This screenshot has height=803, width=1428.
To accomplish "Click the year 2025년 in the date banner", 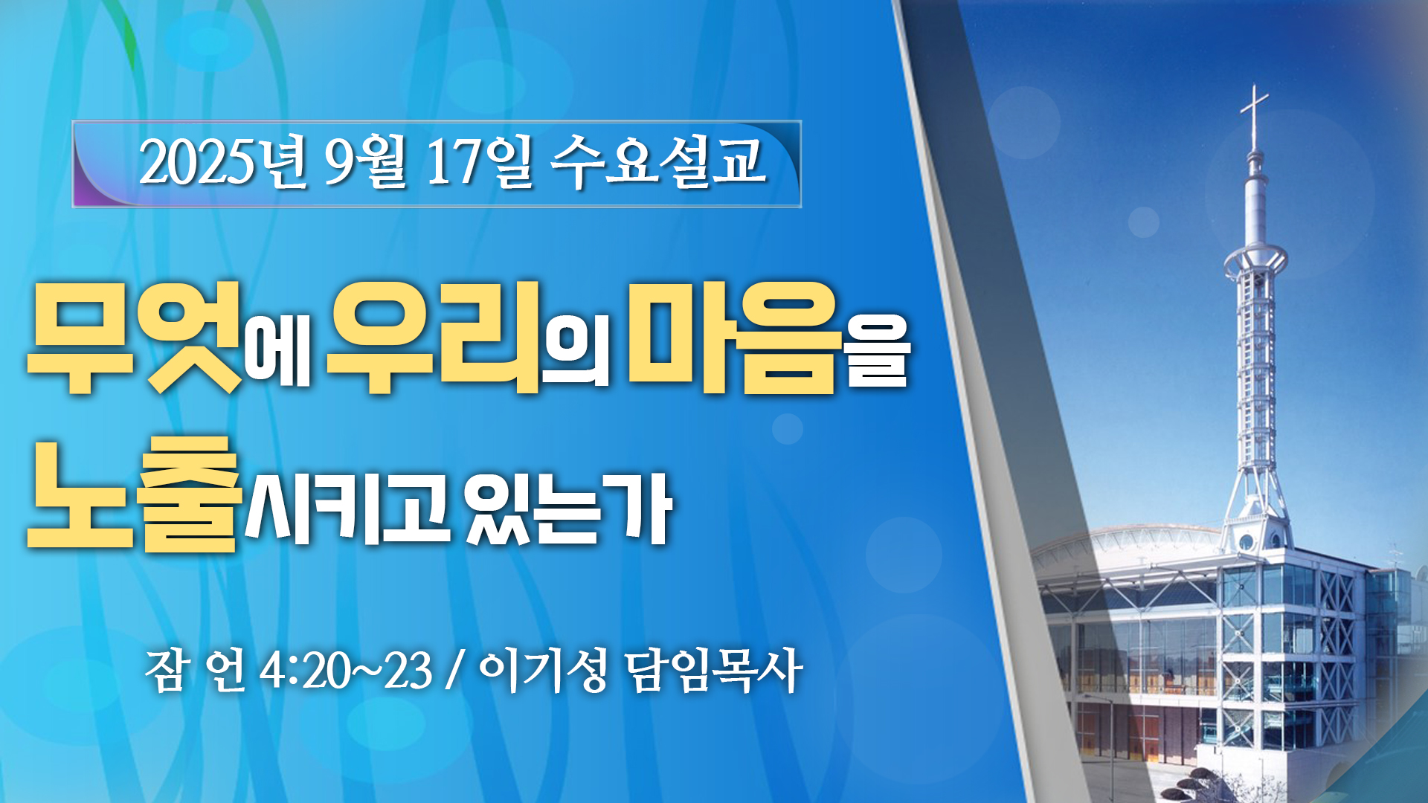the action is pyautogui.click(x=222, y=162).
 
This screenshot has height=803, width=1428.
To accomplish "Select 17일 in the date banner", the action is pyautogui.click(x=478, y=162).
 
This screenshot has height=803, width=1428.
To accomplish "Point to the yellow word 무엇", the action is pyautogui.click(x=136, y=338).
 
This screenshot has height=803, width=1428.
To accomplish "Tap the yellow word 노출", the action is pyautogui.click(x=135, y=494).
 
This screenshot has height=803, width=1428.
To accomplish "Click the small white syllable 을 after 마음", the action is pyautogui.click(x=878, y=351).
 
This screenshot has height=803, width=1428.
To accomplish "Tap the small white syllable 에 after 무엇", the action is pyautogui.click(x=278, y=351).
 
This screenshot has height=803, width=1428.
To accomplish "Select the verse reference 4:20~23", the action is pyautogui.click(x=346, y=671).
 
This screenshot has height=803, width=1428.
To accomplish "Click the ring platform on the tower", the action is pyautogui.click(x=1255, y=260).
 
